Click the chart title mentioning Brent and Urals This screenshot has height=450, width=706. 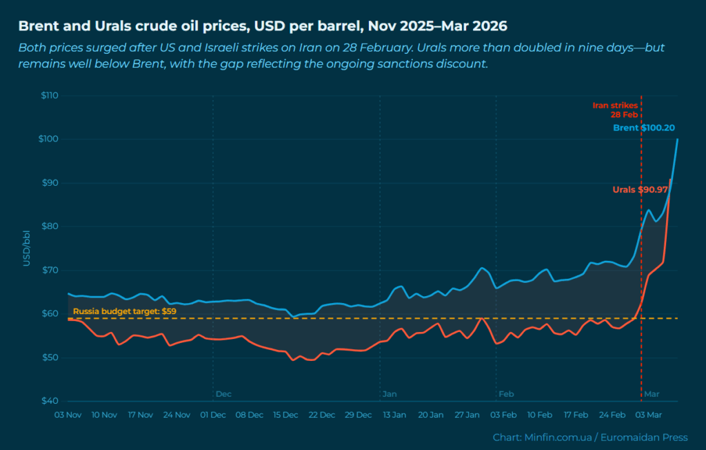[x=262, y=26]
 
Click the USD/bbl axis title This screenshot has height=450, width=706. [x=26, y=248]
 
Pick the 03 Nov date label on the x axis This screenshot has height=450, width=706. [x=68, y=415]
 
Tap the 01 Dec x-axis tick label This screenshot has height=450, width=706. [x=213, y=415]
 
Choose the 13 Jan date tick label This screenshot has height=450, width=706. [x=394, y=415]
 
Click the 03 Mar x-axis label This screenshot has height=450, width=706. [x=649, y=415]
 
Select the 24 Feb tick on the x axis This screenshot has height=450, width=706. [x=612, y=415]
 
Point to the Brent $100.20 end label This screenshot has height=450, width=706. [x=644, y=128]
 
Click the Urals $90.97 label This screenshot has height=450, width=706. [x=640, y=190]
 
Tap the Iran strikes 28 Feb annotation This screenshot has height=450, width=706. [x=615, y=110]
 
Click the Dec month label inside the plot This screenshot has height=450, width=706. [x=223, y=394]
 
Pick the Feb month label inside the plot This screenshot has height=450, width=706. [x=506, y=394]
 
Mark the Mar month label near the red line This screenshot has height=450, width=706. [x=652, y=394]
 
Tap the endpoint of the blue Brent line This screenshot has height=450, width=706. [x=678, y=139]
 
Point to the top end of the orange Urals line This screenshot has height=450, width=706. [x=670, y=179]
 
